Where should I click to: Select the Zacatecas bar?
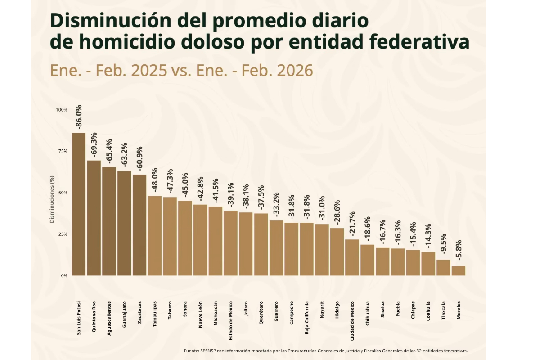click(x=139, y=225)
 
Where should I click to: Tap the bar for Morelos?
click(x=459, y=270)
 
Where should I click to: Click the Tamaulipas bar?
click(x=155, y=235)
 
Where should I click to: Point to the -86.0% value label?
click(x=79, y=118)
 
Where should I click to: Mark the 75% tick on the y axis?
click(x=62, y=151)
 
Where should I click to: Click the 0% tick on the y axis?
click(x=64, y=275)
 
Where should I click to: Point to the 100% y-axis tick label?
click(x=62, y=110)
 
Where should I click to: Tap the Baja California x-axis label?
click(x=306, y=317)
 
